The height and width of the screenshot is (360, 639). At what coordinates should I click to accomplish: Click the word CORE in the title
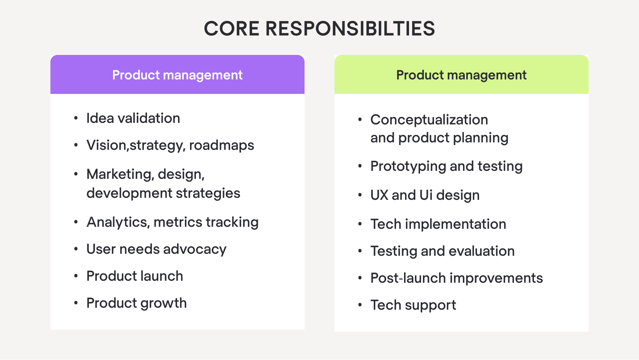[x=231, y=29]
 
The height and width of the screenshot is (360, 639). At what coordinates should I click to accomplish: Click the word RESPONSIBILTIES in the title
[x=350, y=29]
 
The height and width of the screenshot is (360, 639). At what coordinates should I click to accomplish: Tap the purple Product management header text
[x=177, y=75]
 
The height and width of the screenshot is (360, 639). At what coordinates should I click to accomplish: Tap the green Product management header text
[x=461, y=75]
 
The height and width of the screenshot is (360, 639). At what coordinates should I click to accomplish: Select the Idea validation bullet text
[x=133, y=119]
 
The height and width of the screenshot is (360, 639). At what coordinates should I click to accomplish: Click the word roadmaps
[x=221, y=146]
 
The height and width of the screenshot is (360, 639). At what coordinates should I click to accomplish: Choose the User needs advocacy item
[x=156, y=249]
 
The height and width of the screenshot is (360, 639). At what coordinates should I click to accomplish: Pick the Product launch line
[x=134, y=276]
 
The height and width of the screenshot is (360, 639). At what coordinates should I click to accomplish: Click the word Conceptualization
[x=429, y=120]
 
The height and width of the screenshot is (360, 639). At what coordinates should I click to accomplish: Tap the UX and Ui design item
[x=425, y=195]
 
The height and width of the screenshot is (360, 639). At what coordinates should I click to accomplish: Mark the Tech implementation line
[x=438, y=224]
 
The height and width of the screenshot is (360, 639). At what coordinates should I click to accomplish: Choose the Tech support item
[x=413, y=305]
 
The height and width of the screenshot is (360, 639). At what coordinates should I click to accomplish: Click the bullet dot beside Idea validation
[x=76, y=118]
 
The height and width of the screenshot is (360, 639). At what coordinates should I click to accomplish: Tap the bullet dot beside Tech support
[x=360, y=305]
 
